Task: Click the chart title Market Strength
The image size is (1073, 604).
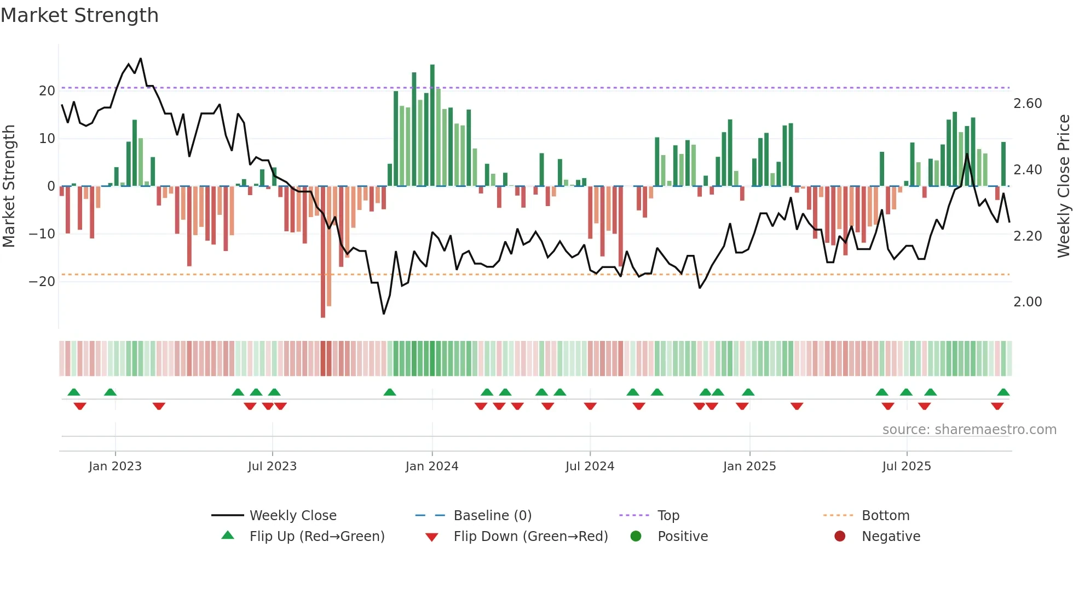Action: [x=79, y=15]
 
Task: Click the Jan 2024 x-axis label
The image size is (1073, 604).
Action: [x=431, y=466]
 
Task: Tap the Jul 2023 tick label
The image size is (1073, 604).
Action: [x=272, y=466]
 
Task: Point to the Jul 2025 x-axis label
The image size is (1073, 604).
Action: [x=906, y=466]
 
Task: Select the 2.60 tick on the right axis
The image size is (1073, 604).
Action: [x=1028, y=104]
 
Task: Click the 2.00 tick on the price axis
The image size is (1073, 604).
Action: [x=1028, y=302]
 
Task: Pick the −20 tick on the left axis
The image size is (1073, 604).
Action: [x=42, y=282]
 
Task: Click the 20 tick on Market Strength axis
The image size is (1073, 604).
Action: [x=47, y=91]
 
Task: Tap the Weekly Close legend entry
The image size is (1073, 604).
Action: [x=292, y=516]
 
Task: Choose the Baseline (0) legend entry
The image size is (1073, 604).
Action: [x=492, y=516]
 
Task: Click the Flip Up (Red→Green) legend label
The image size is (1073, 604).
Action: [x=317, y=537]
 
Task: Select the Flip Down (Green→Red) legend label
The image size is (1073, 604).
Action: [x=530, y=537]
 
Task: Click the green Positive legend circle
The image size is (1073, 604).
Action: [x=636, y=536]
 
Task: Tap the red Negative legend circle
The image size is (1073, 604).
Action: [x=840, y=536]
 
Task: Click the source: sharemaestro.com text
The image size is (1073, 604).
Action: [x=969, y=430]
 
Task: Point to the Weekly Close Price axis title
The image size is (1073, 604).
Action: [x=1063, y=186]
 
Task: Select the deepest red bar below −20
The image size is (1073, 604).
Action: [x=323, y=252]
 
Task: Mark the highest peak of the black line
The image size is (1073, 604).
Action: [x=141, y=59]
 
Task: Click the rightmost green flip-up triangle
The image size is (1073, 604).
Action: [x=1003, y=392]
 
